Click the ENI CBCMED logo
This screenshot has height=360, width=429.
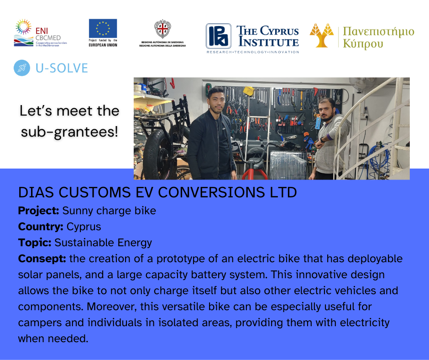[x=40, y=32]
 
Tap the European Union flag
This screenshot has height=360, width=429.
[x=103, y=28]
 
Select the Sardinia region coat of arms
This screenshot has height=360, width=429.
[x=162, y=29]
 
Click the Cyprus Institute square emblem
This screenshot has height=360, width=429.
[x=218, y=36]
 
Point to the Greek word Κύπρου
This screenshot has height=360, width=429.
[x=363, y=44]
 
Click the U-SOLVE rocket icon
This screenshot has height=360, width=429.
[x=22, y=68]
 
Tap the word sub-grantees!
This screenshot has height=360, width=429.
[x=69, y=132]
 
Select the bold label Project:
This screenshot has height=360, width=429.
[x=39, y=211]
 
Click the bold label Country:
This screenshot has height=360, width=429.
[x=41, y=227]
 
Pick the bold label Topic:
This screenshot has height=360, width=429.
[x=35, y=243]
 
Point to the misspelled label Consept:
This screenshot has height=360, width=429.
[x=42, y=259]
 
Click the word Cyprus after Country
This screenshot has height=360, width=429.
[x=84, y=227]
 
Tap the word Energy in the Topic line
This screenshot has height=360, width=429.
[x=135, y=243]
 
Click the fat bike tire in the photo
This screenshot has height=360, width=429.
[x=157, y=155]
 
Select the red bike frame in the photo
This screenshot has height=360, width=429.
[x=255, y=171]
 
